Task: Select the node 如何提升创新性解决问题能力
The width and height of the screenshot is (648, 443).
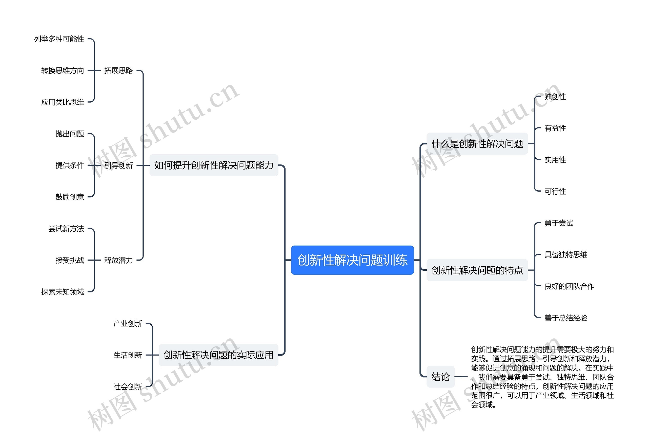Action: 214,165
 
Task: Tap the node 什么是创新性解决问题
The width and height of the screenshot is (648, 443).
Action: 477,144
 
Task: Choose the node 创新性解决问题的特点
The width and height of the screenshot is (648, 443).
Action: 477,270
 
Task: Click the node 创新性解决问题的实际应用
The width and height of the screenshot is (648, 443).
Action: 218,355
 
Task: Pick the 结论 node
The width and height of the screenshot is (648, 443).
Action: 440,377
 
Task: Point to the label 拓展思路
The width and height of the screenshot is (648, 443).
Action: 118,71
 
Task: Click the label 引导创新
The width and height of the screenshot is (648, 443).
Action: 118,165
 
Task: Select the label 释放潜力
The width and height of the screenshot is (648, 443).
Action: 118,260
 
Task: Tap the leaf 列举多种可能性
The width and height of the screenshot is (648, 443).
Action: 59,39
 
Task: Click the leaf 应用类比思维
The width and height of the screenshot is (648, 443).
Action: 63,102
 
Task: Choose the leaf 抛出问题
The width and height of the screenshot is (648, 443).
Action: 69,134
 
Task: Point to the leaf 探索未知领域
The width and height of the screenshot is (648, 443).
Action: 63,292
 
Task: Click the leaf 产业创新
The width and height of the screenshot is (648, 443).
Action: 128,324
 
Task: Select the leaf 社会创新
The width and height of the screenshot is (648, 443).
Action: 128,387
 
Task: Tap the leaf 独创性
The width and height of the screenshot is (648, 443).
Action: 555,97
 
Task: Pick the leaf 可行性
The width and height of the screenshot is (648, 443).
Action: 555,192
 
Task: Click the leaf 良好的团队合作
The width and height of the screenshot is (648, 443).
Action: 569,286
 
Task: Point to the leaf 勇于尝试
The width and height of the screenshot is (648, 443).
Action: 558,223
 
